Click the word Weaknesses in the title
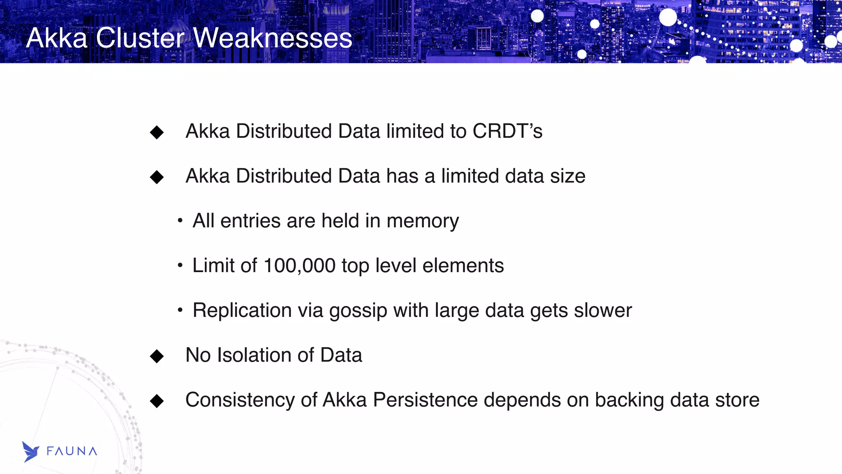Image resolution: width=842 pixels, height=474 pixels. [x=272, y=38]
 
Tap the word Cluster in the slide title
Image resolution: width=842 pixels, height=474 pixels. [x=140, y=38]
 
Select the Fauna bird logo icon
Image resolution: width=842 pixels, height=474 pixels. [x=30, y=451]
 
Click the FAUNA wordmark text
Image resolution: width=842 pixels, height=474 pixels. [x=72, y=451]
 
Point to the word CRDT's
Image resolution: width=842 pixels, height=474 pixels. [x=507, y=131]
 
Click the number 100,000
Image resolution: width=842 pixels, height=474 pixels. [x=299, y=266]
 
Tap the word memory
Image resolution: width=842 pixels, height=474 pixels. [x=423, y=221]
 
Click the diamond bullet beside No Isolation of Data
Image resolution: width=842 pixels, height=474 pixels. [x=157, y=356]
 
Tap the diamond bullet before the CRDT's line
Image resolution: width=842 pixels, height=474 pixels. [x=157, y=132]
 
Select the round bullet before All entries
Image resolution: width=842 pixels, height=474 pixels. [x=180, y=221]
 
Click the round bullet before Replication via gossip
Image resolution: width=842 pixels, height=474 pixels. [x=180, y=310]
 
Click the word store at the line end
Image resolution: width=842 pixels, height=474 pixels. [x=737, y=400]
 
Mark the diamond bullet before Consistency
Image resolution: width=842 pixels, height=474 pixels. [x=157, y=401]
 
